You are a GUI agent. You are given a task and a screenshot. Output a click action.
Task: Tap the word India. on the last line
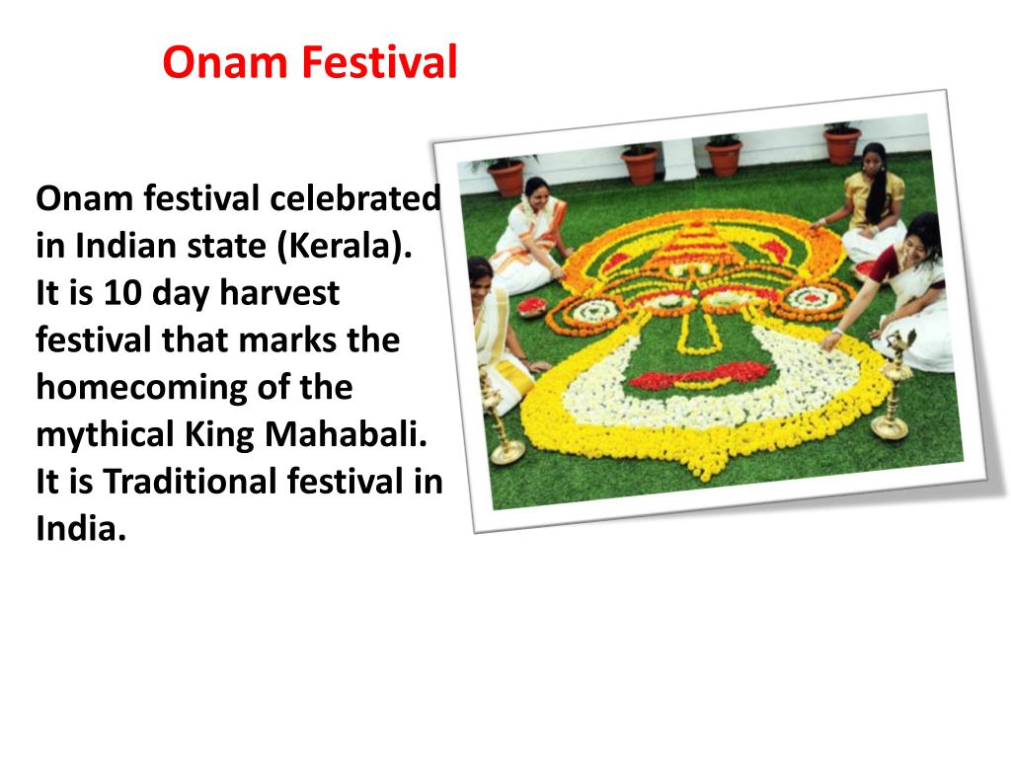pyautogui.click(x=82, y=529)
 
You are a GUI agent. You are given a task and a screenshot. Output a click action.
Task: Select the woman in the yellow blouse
pyautogui.click(x=873, y=202)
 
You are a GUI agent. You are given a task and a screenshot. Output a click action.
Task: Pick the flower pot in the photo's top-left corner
pyautogui.click(x=506, y=177)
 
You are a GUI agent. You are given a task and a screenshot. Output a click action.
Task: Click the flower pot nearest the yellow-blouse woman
pyautogui.click(x=842, y=144)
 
